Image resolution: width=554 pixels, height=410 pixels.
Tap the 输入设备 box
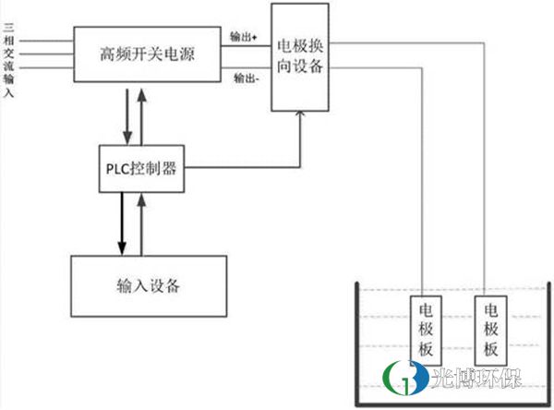pyautogui.click(x=147, y=283)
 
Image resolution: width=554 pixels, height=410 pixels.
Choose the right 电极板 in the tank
pyautogui.click(x=489, y=331)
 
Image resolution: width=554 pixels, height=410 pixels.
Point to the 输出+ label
pyautogui.click(x=244, y=36)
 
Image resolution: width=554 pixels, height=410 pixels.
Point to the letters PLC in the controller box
pyautogui.click(x=117, y=168)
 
